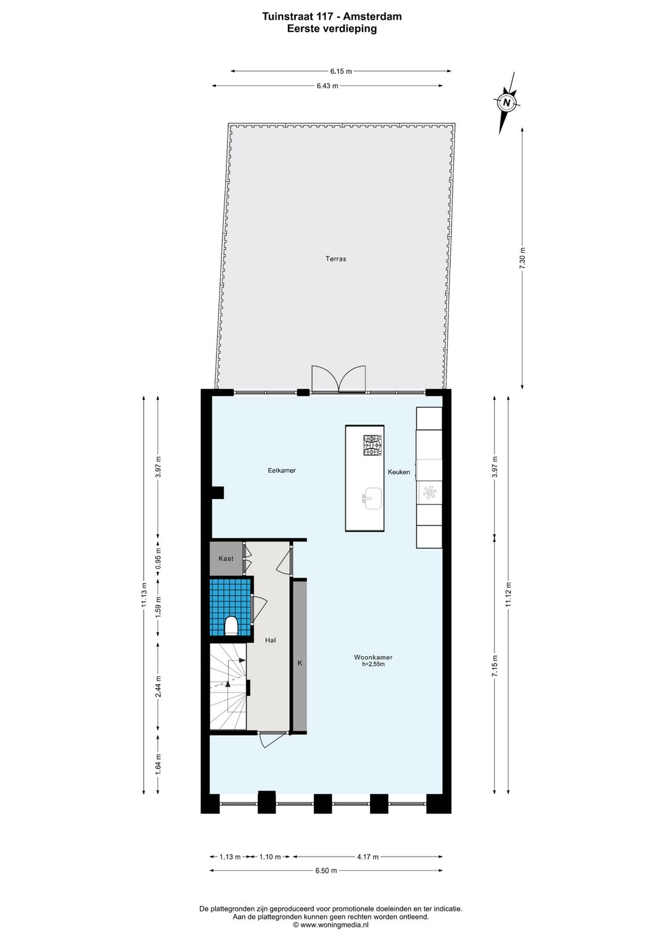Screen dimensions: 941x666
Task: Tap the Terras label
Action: click(336, 259)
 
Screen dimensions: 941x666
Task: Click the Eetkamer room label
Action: click(282, 470)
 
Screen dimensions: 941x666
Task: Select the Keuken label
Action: click(399, 472)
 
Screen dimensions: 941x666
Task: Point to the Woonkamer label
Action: click(373, 657)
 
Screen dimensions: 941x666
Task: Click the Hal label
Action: click(270, 641)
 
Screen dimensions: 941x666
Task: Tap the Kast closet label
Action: click(226, 559)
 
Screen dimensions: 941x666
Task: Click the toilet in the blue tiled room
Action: click(231, 627)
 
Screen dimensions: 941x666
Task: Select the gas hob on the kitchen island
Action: click(372, 445)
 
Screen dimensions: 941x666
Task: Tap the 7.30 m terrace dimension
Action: click(522, 257)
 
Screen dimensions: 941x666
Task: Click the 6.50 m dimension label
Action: click(326, 871)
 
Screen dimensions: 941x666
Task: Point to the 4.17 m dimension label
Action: click(368, 857)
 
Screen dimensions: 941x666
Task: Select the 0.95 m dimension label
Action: click(158, 559)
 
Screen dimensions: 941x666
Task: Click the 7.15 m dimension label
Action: click(495, 666)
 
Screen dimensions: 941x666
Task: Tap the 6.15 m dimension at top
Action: click(341, 72)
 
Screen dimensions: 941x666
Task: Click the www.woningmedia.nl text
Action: click(331, 925)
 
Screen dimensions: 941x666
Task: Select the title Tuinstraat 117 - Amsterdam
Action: click(332, 17)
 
